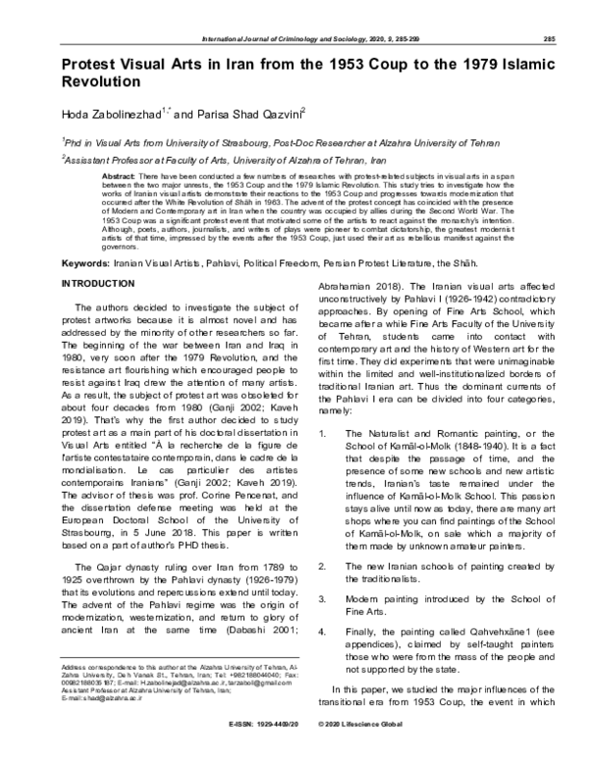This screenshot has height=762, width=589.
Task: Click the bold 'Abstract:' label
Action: coord(120,173)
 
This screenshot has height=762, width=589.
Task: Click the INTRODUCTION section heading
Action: coord(101,283)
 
